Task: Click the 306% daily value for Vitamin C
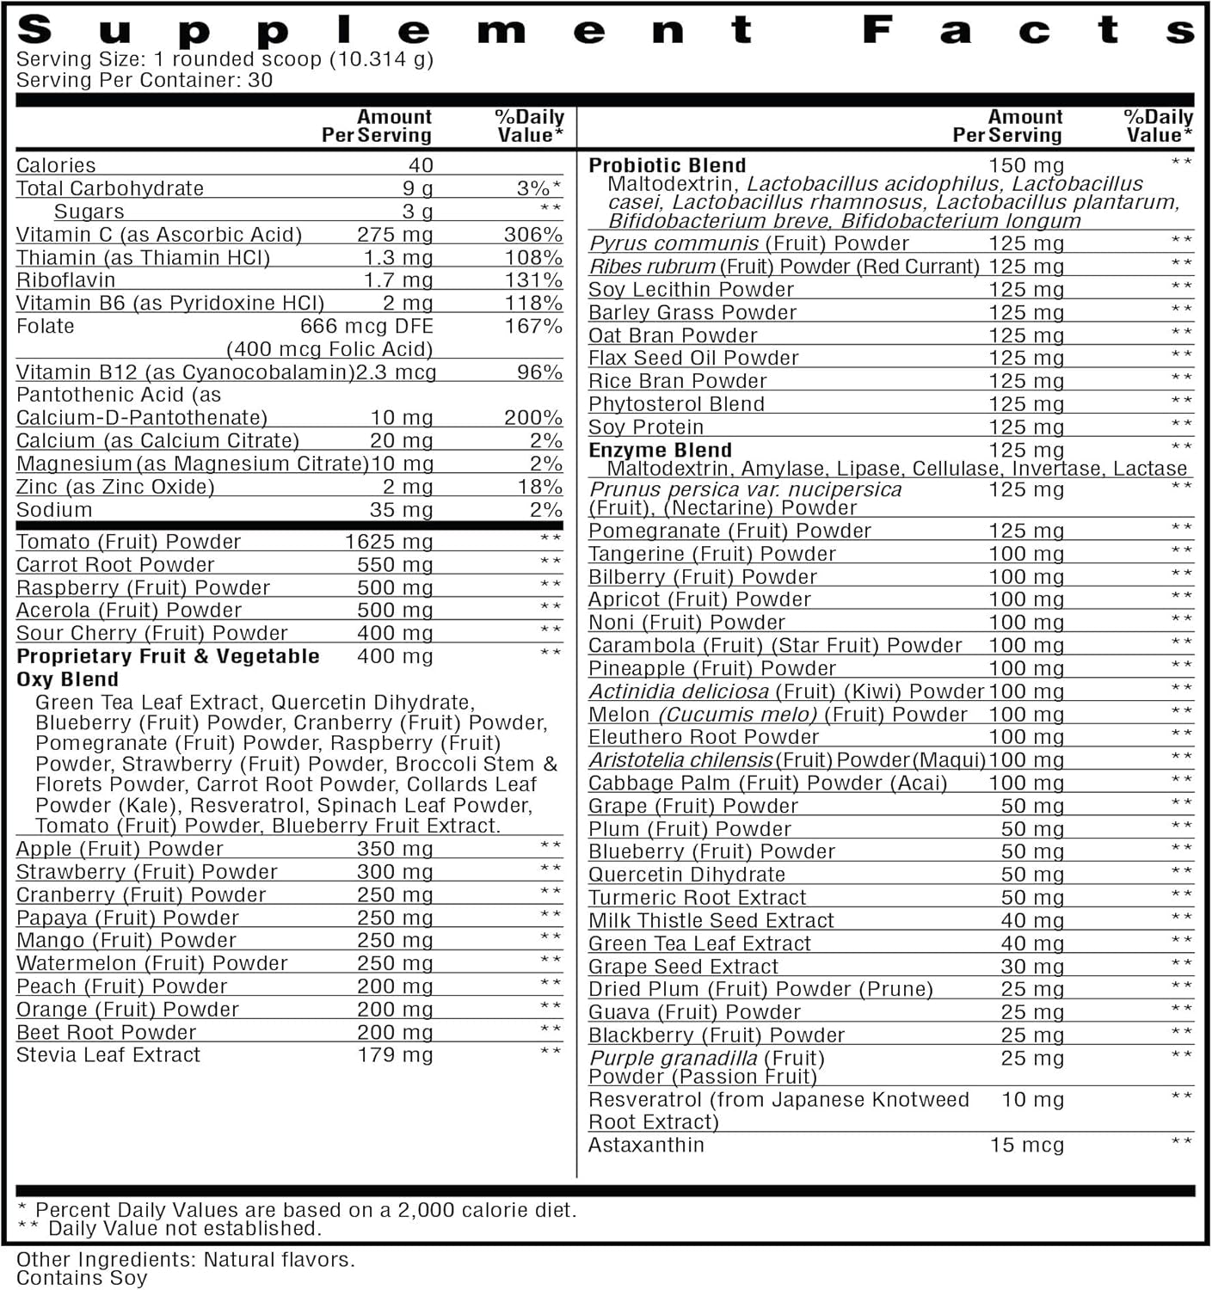pos(532,235)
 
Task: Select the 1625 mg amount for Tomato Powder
pos(388,542)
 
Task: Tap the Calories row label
pos(56,165)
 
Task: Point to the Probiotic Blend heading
pos(667,165)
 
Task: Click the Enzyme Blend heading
pos(660,450)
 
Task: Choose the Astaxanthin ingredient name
pos(646,1145)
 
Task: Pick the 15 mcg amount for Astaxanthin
pos(1026,1145)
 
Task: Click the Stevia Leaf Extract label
pos(108,1055)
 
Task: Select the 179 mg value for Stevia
pos(395,1055)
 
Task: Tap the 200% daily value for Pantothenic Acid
pos(532,418)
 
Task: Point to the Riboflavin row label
pos(65,280)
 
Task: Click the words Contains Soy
pos(82,1278)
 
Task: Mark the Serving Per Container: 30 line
pos(145,80)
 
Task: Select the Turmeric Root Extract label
pos(697,898)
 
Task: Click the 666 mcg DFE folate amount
pos(366,327)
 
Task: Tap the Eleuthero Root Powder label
pos(703,737)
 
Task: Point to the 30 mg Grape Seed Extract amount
pos(1032,967)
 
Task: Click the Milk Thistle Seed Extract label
pos(711,921)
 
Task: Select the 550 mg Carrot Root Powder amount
pos(395,565)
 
